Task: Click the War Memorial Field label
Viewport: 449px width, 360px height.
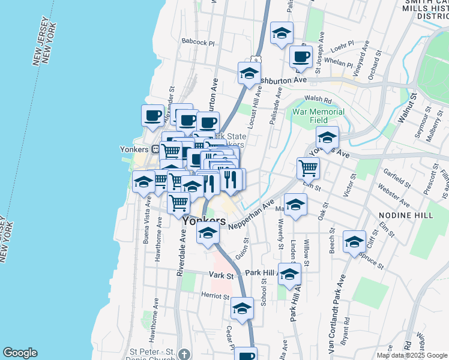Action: tap(318, 115)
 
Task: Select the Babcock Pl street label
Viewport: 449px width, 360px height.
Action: tap(197, 43)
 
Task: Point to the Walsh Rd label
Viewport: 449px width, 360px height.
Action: tap(318, 100)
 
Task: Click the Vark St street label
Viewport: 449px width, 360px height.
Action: tap(221, 274)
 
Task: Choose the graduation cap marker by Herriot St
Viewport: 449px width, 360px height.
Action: tap(241, 310)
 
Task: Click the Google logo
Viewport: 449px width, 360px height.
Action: tap(20, 353)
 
